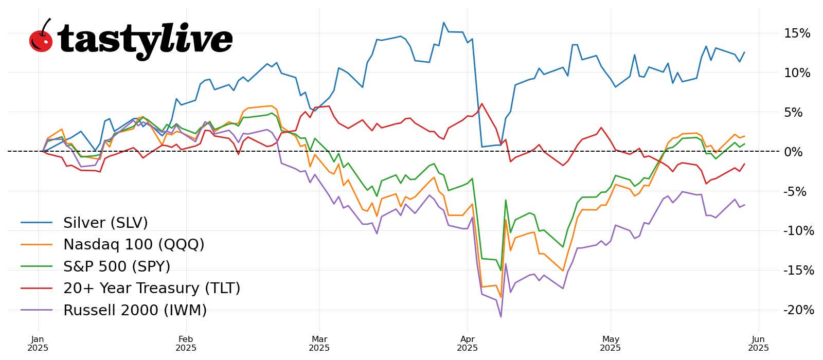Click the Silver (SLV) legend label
(105, 223)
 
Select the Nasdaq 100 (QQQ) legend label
(134, 244)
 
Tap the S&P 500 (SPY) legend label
(117, 266)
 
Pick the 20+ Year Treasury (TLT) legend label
(152, 288)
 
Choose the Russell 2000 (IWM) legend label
(135, 310)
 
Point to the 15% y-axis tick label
(797, 33)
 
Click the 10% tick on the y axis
(797, 73)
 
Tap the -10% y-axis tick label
(798, 231)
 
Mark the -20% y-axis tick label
(798, 310)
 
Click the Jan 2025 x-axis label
(38, 344)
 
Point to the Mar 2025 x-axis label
(319, 344)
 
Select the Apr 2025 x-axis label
(467, 344)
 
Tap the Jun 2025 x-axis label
(758, 344)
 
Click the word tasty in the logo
(108, 40)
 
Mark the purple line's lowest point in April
(501, 317)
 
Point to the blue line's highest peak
(443, 23)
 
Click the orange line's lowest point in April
(501, 297)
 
